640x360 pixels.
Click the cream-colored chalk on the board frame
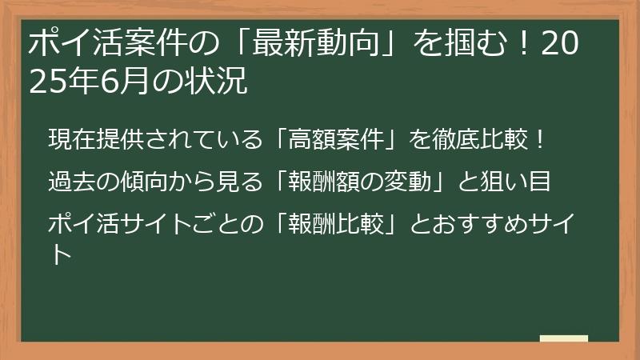click(564, 338)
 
